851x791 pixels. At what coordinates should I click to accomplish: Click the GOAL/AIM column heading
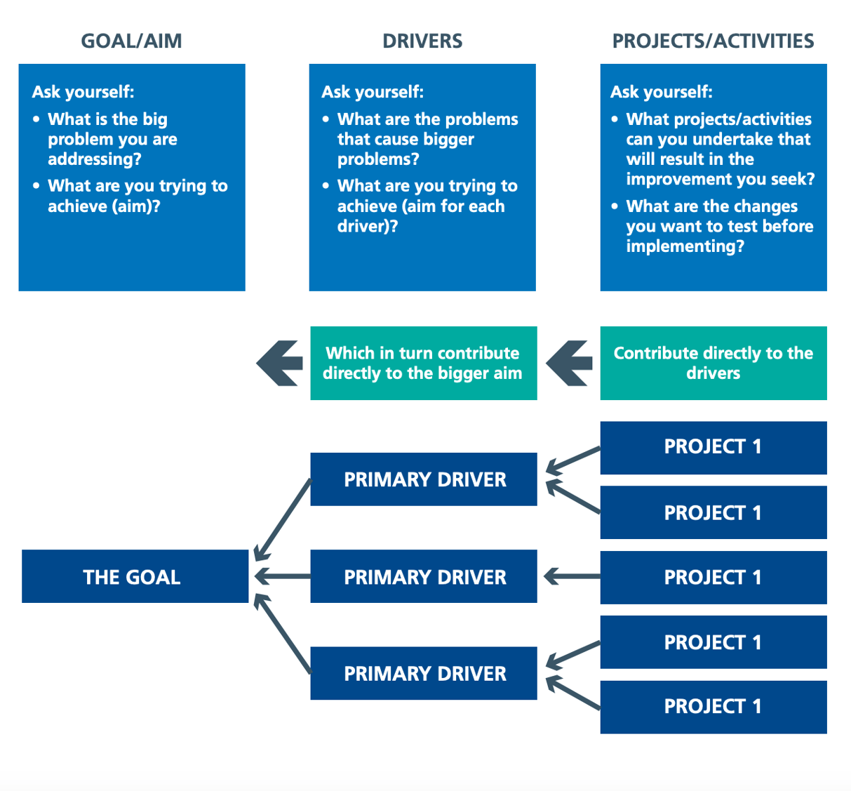coord(131,41)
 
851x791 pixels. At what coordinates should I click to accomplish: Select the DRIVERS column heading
coord(422,41)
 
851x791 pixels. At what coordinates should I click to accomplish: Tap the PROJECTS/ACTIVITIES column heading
coord(713,41)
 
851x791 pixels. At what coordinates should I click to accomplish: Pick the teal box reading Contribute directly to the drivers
coord(713,363)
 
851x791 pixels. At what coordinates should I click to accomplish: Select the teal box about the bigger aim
coord(423,363)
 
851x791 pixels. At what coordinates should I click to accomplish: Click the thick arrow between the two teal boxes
coord(569,363)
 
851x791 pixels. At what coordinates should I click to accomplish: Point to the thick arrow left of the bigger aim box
coord(279,363)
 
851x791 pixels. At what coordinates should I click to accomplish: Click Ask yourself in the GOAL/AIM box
coord(83,92)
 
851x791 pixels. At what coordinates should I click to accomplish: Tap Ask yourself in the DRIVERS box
coord(373,92)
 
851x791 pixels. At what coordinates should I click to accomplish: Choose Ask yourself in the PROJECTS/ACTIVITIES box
coord(662,92)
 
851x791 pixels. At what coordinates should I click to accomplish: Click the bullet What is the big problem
coord(112,139)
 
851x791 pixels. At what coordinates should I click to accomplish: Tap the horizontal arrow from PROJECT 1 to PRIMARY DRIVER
coord(572,577)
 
